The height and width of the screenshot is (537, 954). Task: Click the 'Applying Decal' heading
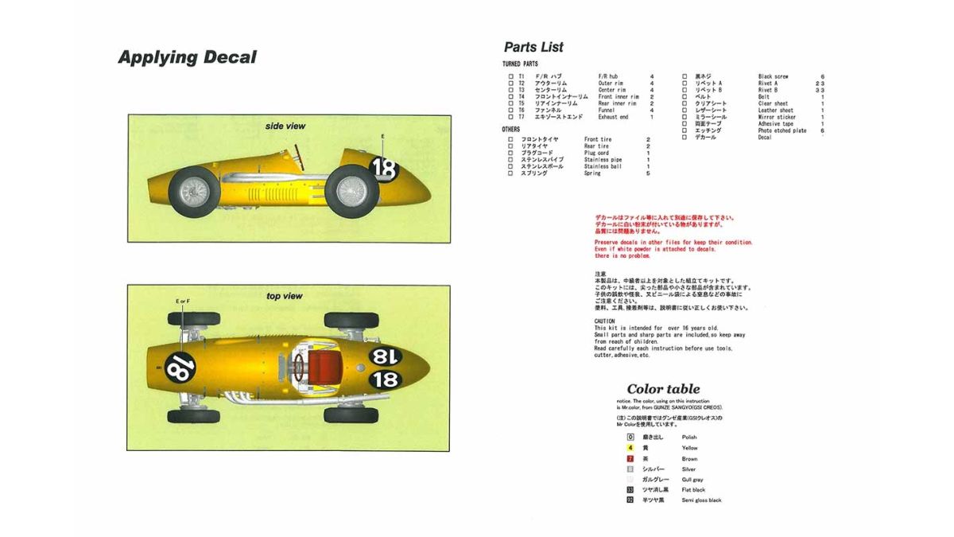pos(187,57)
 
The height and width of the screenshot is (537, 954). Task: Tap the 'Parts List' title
pos(533,47)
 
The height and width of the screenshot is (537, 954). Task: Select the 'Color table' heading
pos(663,389)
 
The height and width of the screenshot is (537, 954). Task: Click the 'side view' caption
pos(285,126)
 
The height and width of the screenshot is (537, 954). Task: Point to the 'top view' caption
pos(284,296)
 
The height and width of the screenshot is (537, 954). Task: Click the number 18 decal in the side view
pos(383,169)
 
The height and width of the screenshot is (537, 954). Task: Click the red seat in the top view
pos(321,367)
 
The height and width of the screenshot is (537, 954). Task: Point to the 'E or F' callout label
pos(183,302)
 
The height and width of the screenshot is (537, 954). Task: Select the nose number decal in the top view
pos(180,368)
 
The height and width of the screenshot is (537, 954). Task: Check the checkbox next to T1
pos(510,76)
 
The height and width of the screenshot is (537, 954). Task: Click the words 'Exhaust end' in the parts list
pos(613,117)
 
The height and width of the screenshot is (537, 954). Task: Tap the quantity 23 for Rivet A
pos(820,84)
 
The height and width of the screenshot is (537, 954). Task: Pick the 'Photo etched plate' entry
pos(781,130)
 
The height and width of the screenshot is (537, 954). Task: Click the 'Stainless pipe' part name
pos(603,160)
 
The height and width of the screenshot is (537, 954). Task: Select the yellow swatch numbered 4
pos(630,448)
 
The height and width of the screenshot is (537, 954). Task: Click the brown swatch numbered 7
pos(630,458)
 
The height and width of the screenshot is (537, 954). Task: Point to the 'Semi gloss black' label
pos(702,500)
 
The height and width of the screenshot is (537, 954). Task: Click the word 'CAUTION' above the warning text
pos(605,321)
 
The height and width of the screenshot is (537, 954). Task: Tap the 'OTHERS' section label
pos(511,129)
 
